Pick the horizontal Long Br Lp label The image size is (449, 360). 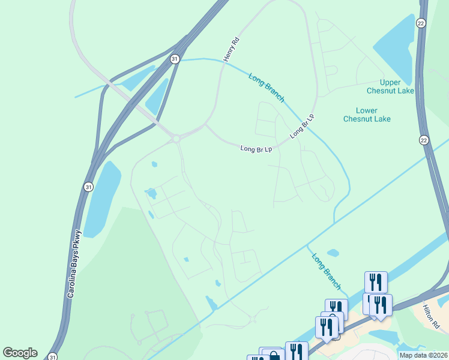pos(256,148)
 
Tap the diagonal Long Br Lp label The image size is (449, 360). pos(302,126)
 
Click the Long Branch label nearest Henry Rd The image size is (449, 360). pos(266,87)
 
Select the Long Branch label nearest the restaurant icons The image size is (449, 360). pos(327,271)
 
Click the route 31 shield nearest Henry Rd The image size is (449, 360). pos(174,59)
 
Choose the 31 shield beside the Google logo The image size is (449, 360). pos(53,355)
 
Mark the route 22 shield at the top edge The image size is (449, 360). pos(421,22)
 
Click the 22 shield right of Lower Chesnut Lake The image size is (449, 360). pos(424,140)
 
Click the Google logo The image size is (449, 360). pos(20,352)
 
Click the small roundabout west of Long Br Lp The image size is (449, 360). pos(176,139)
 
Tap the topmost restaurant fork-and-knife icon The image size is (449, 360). pos(376,281)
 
